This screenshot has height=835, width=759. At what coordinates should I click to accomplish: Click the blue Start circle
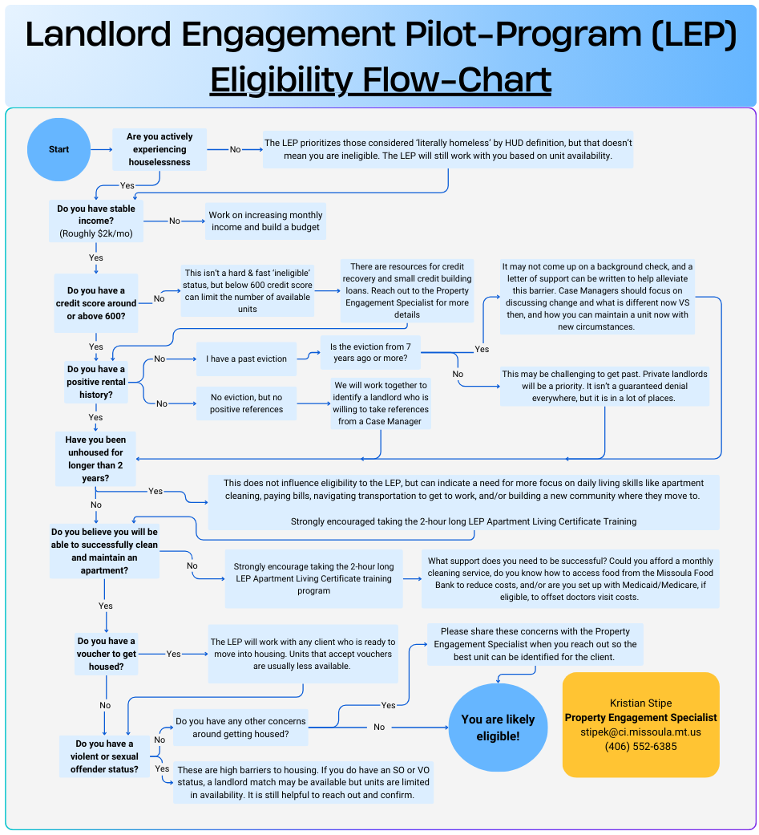59,149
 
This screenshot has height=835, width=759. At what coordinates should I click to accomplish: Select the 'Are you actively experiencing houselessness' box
159,149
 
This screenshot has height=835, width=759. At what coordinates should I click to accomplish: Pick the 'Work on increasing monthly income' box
265,221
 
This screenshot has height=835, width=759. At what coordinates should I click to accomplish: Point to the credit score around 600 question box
96,303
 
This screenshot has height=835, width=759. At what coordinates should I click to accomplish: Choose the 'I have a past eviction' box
246,359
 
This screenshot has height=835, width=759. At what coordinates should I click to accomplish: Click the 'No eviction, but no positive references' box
246,403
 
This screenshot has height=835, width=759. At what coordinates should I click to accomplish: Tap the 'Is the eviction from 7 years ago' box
369,353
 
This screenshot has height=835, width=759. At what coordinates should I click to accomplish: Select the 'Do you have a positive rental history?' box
96,382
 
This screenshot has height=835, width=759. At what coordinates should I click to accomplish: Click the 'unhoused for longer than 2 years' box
95,459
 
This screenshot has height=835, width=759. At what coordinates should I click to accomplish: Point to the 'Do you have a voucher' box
107,654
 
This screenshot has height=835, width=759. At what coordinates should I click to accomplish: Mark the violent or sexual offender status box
107,756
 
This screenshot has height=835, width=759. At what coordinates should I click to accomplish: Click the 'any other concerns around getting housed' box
240,728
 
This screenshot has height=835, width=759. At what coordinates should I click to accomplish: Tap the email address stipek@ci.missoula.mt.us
640,732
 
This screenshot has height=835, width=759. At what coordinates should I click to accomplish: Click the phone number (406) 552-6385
640,746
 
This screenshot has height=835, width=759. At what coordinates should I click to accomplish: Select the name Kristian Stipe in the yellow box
640,703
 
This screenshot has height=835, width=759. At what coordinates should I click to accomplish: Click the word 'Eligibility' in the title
281,80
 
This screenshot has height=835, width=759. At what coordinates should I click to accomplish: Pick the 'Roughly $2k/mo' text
96,234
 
